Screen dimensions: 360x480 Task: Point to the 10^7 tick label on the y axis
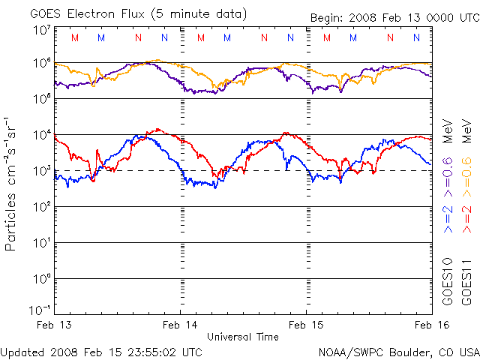tap(42, 30)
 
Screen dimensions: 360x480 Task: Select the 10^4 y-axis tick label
tap(42, 135)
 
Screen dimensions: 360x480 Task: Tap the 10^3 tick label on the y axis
tap(42, 171)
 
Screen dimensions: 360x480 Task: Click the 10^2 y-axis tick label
tap(42, 207)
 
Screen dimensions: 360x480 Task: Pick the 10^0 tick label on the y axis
tap(42, 279)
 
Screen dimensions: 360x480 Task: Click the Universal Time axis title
tap(242, 337)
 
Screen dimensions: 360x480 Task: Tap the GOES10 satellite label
tap(448, 282)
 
